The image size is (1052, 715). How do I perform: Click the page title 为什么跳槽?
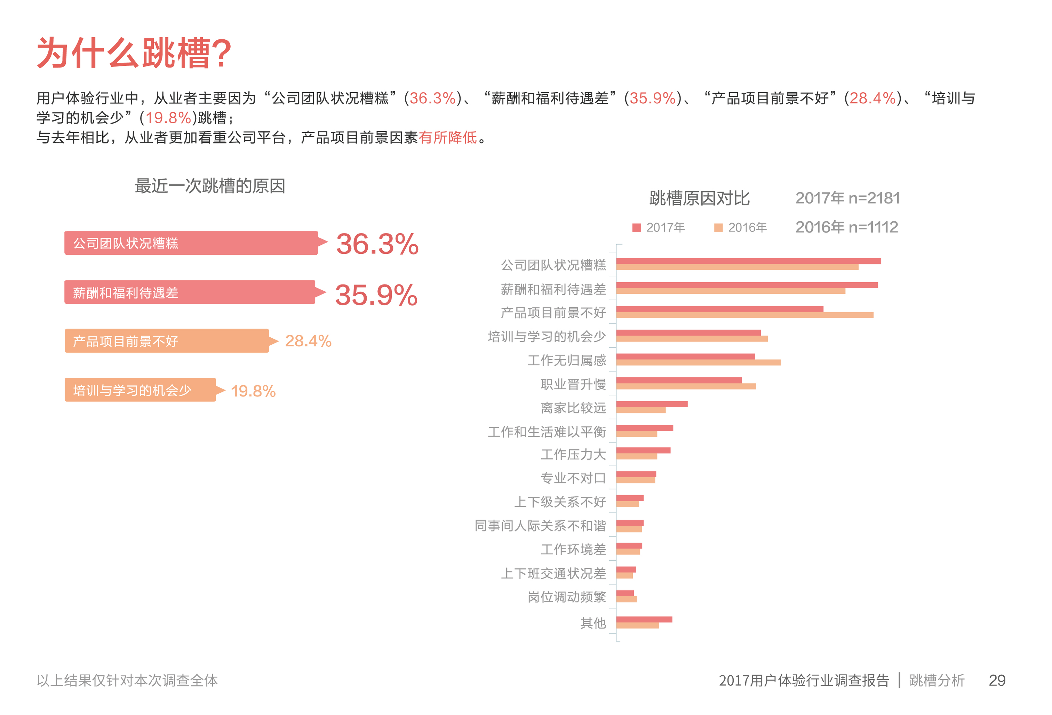coord(134,53)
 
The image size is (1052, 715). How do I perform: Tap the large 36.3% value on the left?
coord(377,244)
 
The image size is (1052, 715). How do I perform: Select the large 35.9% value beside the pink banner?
coord(376,295)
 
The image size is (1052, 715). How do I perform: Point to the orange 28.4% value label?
coord(308,341)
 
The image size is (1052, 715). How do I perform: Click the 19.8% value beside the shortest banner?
coord(253,391)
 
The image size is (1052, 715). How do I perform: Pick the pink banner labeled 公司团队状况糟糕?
coord(191,243)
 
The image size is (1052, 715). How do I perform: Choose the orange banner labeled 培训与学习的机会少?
coord(140,390)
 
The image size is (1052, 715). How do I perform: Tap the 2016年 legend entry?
coord(741,227)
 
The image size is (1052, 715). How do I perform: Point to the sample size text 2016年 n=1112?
coord(846,227)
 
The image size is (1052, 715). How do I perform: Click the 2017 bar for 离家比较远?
coord(652,404)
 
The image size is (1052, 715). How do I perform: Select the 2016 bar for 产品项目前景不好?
coord(744,315)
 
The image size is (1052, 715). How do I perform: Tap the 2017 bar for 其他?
coord(644,620)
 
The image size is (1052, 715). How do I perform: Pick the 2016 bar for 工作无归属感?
coord(699,363)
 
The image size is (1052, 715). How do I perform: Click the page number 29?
coord(997,680)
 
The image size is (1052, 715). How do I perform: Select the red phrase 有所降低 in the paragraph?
coord(448,137)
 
